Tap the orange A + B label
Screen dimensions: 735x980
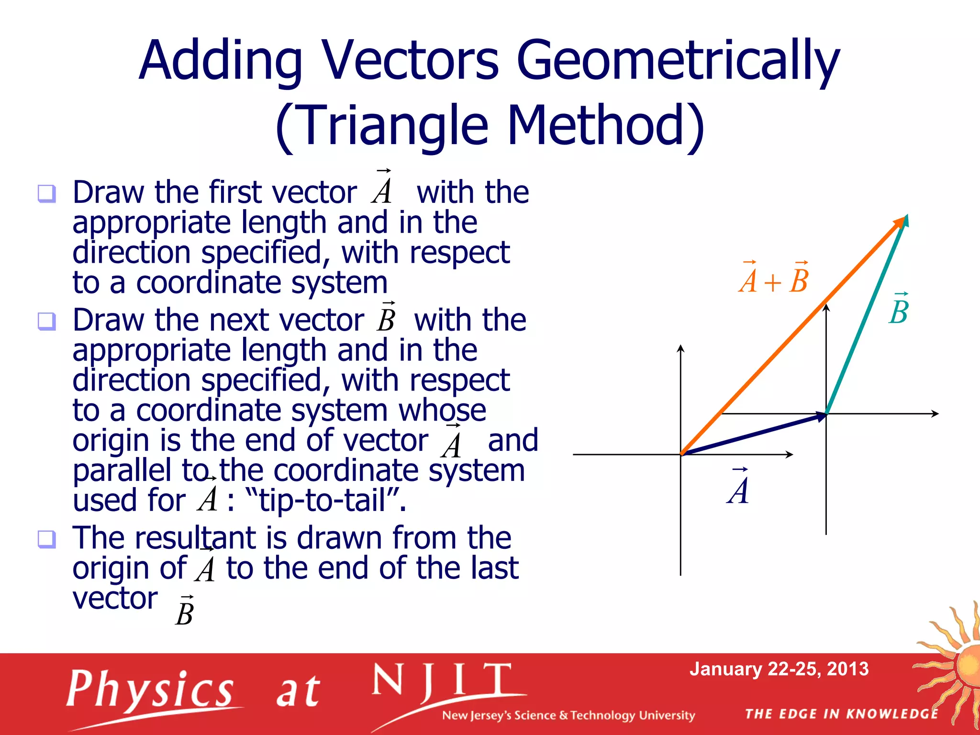pyautogui.click(x=773, y=279)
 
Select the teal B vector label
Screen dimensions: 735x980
pyautogui.click(x=899, y=310)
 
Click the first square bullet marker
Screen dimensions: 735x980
pyautogui.click(x=47, y=194)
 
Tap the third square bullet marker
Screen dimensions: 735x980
pyautogui.click(x=47, y=539)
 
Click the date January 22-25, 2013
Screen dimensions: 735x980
pyautogui.click(x=779, y=669)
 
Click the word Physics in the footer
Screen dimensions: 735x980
pyautogui.click(x=150, y=689)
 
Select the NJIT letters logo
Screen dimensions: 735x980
pyautogui.click(x=441, y=681)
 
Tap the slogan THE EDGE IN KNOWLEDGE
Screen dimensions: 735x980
pyautogui.click(x=841, y=714)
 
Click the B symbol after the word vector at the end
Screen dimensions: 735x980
pyautogui.click(x=184, y=612)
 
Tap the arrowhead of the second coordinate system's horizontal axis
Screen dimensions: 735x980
pyautogui.click(x=935, y=413)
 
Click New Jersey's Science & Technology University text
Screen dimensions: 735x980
pyautogui.click(x=568, y=715)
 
